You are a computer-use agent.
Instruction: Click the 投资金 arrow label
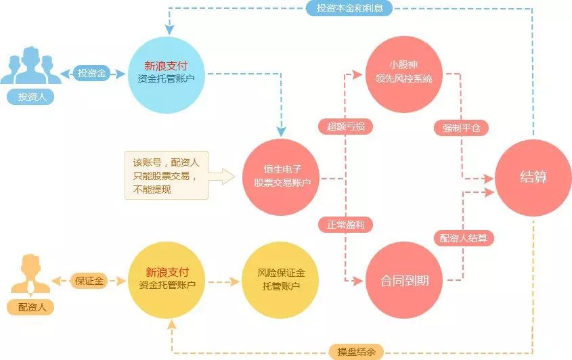(x=93, y=73)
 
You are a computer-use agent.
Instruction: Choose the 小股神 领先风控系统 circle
(x=403, y=72)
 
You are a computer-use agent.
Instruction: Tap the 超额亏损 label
(x=345, y=127)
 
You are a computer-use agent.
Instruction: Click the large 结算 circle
(x=533, y=178)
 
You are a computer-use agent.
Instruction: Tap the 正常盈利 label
(x=345, y=224)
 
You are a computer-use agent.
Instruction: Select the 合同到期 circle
(x=403, y=279)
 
